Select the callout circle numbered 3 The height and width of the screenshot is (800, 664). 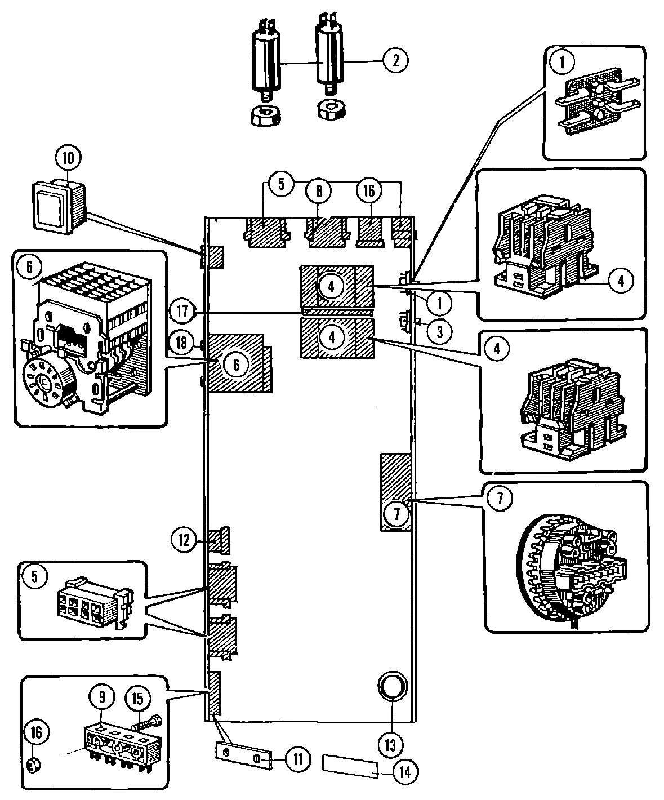tap(439, 332)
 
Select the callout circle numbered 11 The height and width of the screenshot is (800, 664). tap(298, 759)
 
